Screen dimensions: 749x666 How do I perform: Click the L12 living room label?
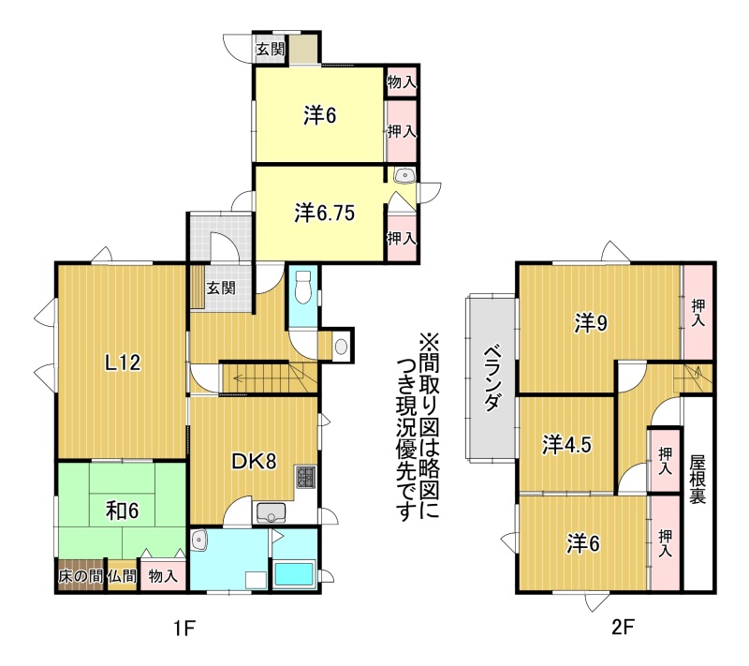pos(123,363)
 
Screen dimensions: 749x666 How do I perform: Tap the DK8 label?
pos(254,462)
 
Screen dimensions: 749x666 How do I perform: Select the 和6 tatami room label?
pos(123,511)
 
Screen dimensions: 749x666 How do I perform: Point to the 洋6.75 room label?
pos(324,213)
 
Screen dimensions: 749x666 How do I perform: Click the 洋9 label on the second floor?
pos(591,323)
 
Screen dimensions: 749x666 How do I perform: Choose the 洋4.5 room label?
pos(566,445)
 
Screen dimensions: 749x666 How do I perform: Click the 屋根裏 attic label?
pos(698,479)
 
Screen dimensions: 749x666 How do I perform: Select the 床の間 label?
pos(81,576)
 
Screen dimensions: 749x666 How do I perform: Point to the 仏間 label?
pos(123,576)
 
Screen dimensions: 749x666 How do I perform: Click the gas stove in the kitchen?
pos(306,477)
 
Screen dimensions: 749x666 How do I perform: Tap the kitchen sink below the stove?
pos(271,513)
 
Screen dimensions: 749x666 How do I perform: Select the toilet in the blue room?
pos(302,287)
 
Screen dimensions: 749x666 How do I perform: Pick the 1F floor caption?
pos(184,629)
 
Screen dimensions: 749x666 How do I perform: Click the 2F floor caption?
pos(623,627)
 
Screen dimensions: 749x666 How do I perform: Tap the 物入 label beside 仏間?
pos(163,576)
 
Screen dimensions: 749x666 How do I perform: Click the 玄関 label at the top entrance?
pos(271,50)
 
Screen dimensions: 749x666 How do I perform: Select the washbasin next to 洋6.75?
pos(404,176)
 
